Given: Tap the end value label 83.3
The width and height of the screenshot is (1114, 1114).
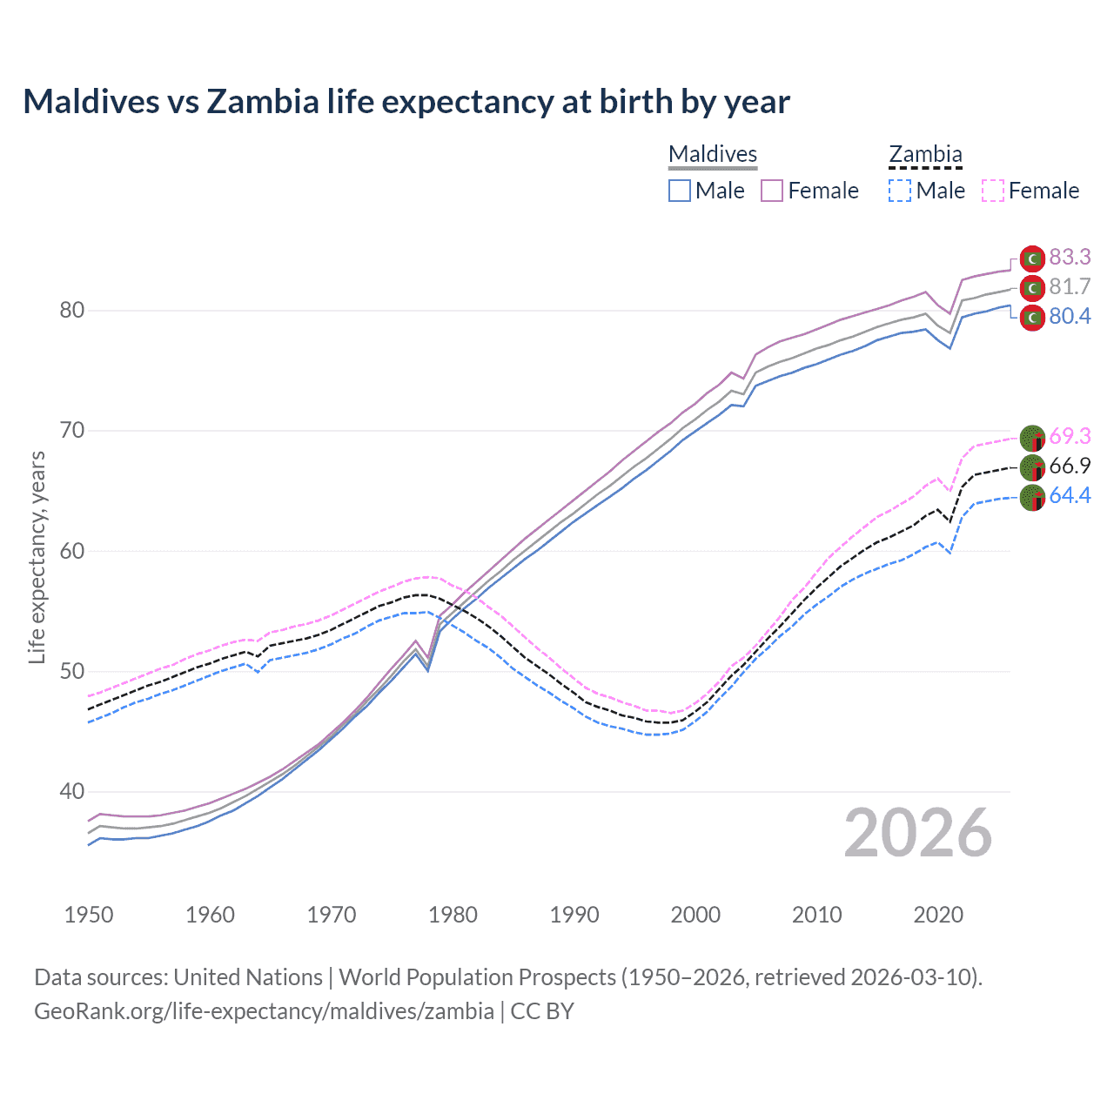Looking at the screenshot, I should click(1070, 257).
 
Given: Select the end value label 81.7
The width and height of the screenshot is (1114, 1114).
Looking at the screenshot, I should click(1070, 286).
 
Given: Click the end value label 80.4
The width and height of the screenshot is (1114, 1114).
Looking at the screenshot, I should click(1070, 316).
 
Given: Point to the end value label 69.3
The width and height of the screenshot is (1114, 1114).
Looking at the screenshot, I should click(1070, 436).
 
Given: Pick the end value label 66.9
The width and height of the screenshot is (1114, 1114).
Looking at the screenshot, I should click(1070, 466).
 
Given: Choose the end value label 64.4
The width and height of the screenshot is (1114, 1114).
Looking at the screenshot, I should click(1070, 495).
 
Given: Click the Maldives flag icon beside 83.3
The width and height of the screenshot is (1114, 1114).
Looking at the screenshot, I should click(1032, 258).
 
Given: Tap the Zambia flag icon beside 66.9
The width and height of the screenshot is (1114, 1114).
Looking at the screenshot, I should click(1032, 467).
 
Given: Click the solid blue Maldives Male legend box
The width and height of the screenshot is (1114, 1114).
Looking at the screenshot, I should click(680, 191).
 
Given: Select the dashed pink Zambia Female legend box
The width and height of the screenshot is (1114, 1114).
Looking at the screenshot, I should click(993, 191).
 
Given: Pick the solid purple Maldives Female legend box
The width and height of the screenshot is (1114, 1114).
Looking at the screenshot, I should click(772, 191).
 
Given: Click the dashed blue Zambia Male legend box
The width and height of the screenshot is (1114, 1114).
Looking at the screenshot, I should click(900, 191).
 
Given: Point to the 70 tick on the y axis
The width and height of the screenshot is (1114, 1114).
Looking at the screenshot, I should click(71, 431).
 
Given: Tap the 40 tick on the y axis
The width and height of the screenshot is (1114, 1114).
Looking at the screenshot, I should click(71, 792).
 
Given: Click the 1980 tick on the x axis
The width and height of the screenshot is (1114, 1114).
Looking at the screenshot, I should click(453, 915).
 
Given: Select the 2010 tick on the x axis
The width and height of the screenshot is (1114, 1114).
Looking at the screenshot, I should click(816, 915).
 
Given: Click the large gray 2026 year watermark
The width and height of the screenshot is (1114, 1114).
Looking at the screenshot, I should click(918, 834).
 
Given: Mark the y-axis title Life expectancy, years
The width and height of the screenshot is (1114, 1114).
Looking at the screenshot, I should click(37, 557).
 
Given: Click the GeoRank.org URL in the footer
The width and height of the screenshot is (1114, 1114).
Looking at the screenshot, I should click(264, 1011).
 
